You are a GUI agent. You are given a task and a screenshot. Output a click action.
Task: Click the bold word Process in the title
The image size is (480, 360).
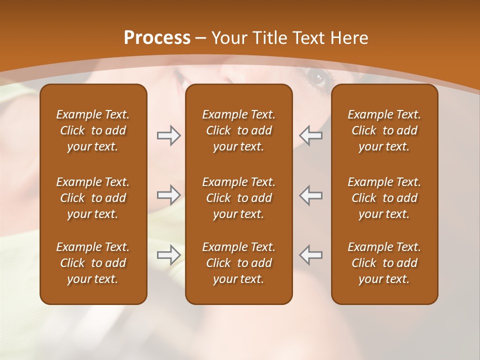[157, 38]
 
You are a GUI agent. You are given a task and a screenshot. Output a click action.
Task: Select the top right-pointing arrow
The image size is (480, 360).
[169, 135]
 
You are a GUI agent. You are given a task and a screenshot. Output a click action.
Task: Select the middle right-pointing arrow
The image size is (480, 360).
[169, 195]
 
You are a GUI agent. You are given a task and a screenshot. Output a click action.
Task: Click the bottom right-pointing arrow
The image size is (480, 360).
[169, 255]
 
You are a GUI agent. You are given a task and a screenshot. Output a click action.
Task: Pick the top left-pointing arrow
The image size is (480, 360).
[310, 135]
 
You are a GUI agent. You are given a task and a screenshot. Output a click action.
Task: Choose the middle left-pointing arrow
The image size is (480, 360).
[310, 195]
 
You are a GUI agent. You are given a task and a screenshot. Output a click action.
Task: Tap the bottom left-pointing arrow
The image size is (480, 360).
[310, 255]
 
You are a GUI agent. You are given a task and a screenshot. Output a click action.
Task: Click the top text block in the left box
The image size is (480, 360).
[93, 130]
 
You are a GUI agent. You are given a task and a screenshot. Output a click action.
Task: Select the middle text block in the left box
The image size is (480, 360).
[93, 198]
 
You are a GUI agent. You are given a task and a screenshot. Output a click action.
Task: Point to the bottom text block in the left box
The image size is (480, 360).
[93, 263]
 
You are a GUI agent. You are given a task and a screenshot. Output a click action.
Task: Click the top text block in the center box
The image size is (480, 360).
[239, 130]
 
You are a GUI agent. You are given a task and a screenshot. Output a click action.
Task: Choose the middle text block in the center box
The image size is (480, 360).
[239, 198]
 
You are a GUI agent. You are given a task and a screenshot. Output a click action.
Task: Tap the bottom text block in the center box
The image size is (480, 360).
[239, 263]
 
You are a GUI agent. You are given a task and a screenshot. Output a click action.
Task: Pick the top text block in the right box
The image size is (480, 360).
[384, 130]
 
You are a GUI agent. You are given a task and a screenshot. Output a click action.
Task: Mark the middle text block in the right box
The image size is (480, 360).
[384, 198]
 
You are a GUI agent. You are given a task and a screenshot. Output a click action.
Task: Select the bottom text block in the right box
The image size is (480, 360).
[384, 263]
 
